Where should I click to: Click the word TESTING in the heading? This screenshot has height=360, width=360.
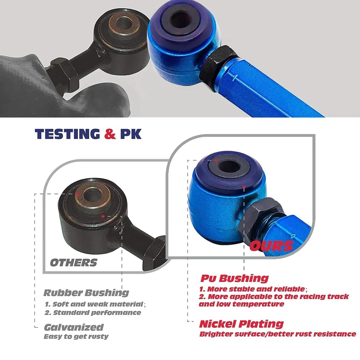pyautogui.click(x=67, y=134)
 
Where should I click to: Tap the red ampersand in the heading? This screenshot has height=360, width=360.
pyautogui.click(x=110, y=134)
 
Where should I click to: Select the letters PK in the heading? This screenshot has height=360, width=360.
pyautogui.click(x=130, y=134)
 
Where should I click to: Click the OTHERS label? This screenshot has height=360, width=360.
pyautogui.click(x=73, y=262)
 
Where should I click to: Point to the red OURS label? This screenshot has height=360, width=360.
pyautogui.click(x=271, y=246)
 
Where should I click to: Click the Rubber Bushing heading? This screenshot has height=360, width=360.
pyautogui.click(x=86, y=293)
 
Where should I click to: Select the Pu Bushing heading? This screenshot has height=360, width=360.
pyautogui.click(x=234, y=278)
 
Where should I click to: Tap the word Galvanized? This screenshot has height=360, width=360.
pyautogui.click(x=74, y=327)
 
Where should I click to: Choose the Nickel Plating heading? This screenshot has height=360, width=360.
pyautogui.click(x=241, y=324)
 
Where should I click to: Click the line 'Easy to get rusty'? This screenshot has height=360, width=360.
pyautogui.click(x=76, y=336)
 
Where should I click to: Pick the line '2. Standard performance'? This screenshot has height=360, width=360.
pyautogui.click(x=93, y=312)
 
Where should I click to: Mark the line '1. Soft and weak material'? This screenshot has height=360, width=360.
pyautogui.click(x=94, y=304)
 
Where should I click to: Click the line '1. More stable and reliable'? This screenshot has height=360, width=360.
pyautogui.click(x=252, y=289)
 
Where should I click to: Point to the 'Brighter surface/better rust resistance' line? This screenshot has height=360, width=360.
pyautogui.click(x=277, y=334)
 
